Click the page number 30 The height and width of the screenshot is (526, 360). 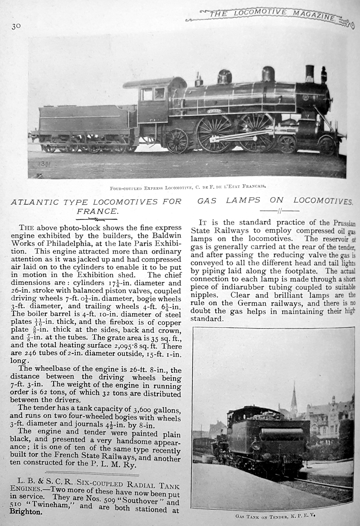(17, 26)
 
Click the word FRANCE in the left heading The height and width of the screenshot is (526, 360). (97, 211)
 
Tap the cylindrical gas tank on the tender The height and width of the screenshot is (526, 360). (282, 434)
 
